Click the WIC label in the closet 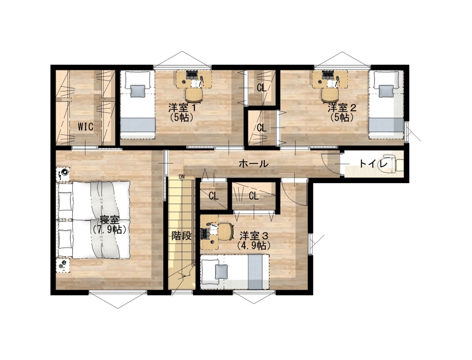click(85, 127)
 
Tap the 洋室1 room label click(182, 108)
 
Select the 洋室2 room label click(342, 108)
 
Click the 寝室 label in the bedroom click(110, 220)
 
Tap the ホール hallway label click(253, 164)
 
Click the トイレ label click(373, 164)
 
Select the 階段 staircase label click(182, 236)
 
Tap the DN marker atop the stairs click(182, 176)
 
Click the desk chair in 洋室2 click(330, 94)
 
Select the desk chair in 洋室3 click(225, 232)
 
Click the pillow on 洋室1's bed click(138, 91)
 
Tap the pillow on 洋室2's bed click(386, 91)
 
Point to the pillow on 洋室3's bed click(221, 272)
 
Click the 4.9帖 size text click(254, 246)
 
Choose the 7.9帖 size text click(110, 230)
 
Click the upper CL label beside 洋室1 click(261, 88)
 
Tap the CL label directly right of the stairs click(213, 196)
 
